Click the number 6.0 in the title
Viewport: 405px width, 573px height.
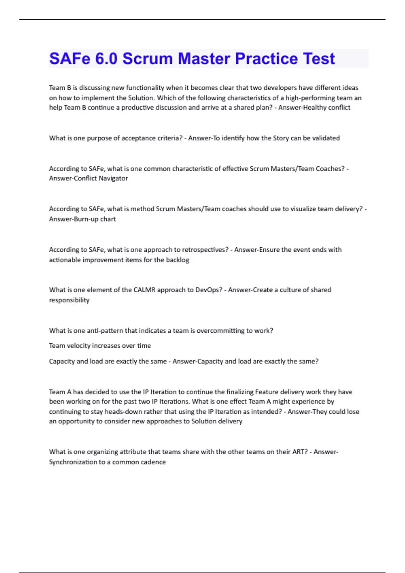[106, 59]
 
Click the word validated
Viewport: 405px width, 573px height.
[326, 138]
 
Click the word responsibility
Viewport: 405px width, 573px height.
[69, 300]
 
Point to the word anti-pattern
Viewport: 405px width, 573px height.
[105, 331]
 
